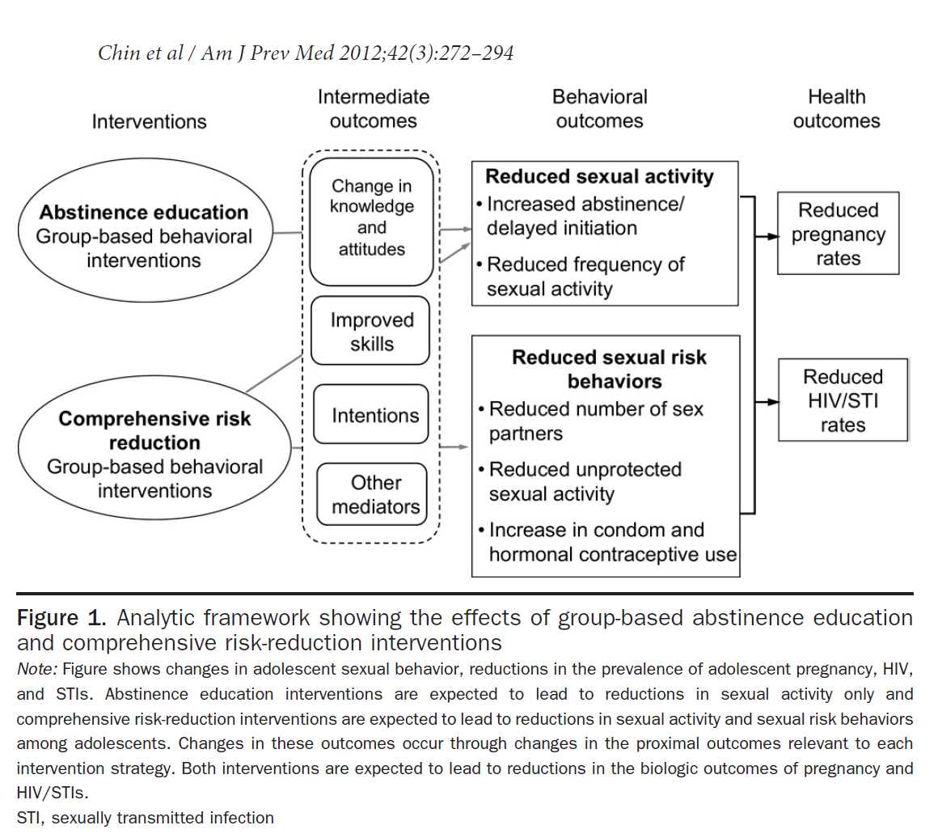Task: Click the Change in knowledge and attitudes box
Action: pos(372,218)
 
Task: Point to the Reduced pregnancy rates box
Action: pos(838,234)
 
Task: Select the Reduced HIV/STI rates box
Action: pos(843,400)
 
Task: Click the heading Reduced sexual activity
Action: pos(599,176)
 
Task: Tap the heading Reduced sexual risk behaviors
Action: pos(609,369)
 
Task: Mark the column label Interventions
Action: pos(149,122)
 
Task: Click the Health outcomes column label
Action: pos(836,109)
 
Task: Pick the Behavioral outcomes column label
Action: pos(599,109)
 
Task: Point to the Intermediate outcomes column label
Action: pos(373,109)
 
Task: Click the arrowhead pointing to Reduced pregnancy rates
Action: pos(773,238)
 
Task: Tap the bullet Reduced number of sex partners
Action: pos(595,421)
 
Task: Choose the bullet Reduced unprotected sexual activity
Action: pos(585,481)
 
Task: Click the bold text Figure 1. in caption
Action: pos(61,619)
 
